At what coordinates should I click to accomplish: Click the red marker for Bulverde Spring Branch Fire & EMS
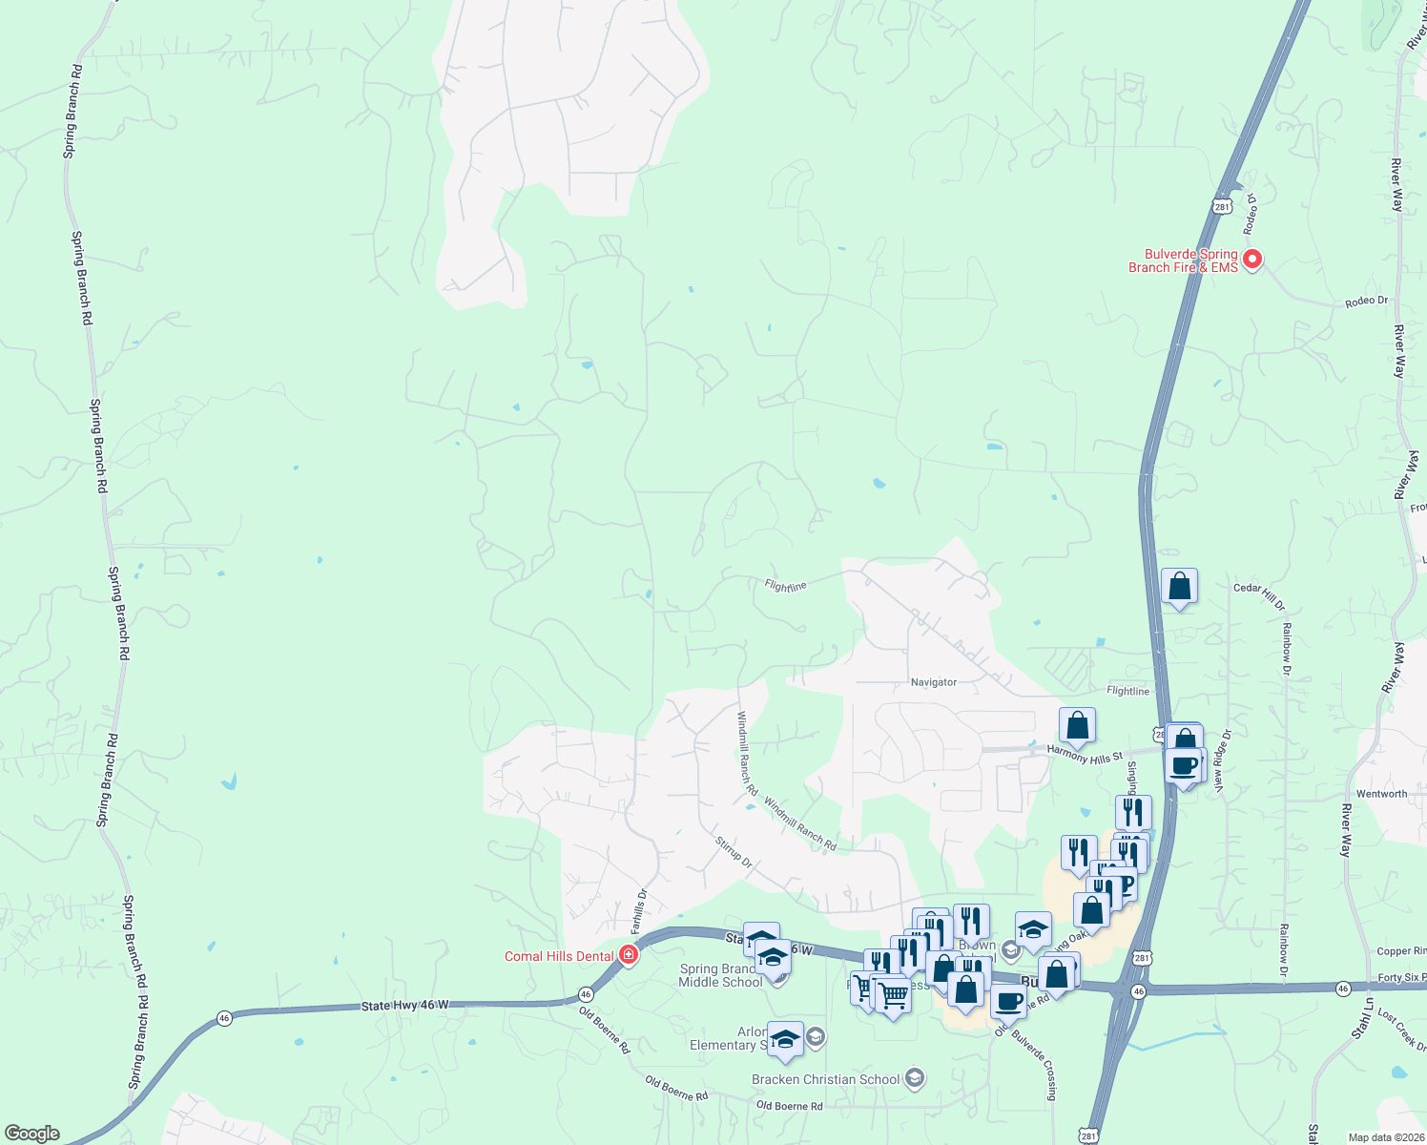point(1252,260)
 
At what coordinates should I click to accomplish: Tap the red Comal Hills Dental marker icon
point(628,955)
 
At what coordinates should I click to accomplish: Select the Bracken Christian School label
point(826,1079)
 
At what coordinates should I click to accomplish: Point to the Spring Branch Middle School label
point(720,975)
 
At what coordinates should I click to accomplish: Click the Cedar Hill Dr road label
point(1259,596)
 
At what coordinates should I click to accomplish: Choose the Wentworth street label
point(1381,794)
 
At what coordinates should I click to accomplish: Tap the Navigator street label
point(933,682)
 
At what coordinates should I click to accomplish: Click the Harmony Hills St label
point(1086,756)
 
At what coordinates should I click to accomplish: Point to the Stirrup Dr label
point(734,851)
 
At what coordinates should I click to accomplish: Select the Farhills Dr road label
point(639,911)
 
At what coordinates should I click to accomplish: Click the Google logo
point(31,1134)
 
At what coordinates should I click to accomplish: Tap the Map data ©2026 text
point(1385,1137)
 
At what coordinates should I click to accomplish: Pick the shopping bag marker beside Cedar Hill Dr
point(1180,586)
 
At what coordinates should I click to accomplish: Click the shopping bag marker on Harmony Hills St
point(1077,725)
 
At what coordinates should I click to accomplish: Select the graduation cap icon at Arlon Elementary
point(785,1039)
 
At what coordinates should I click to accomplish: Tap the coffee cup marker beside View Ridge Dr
point(1184,764)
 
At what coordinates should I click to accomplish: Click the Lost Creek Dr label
point(1401,1030)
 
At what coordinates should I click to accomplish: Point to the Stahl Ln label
point(1362,1020)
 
